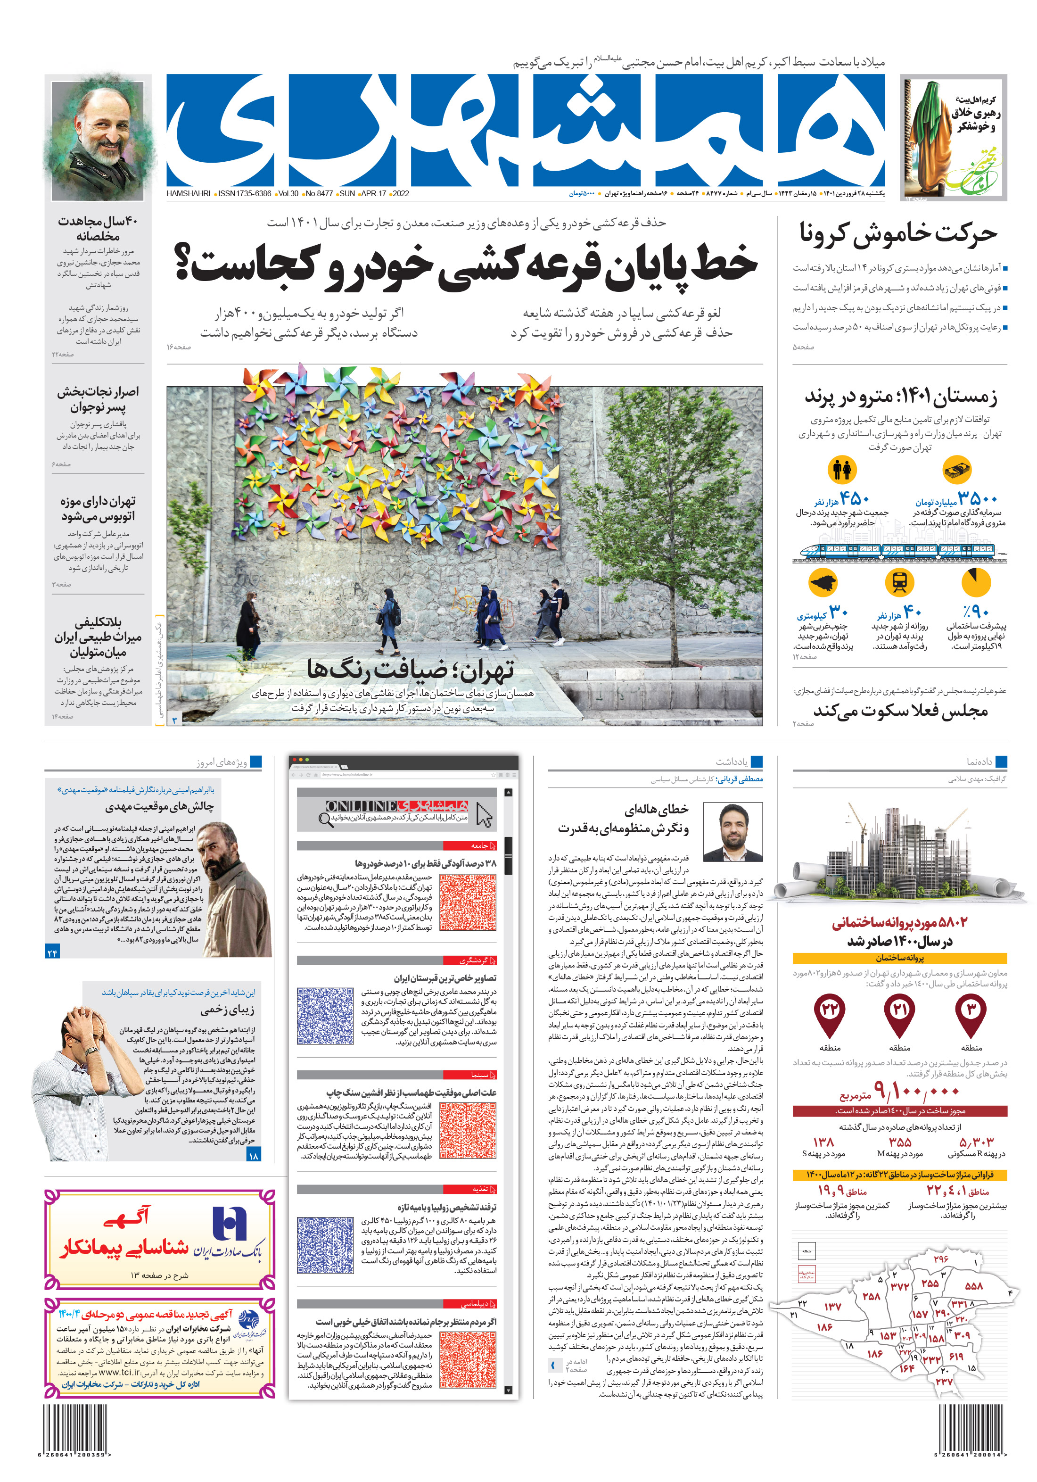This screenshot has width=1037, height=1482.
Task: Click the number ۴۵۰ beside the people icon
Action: tap(855, 498)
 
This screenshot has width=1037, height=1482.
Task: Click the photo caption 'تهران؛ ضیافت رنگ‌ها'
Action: tap(411, 670)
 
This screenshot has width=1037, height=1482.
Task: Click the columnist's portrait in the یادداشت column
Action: tap(732, 832)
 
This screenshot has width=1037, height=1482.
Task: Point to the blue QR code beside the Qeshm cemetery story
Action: tap(325, 1015)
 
